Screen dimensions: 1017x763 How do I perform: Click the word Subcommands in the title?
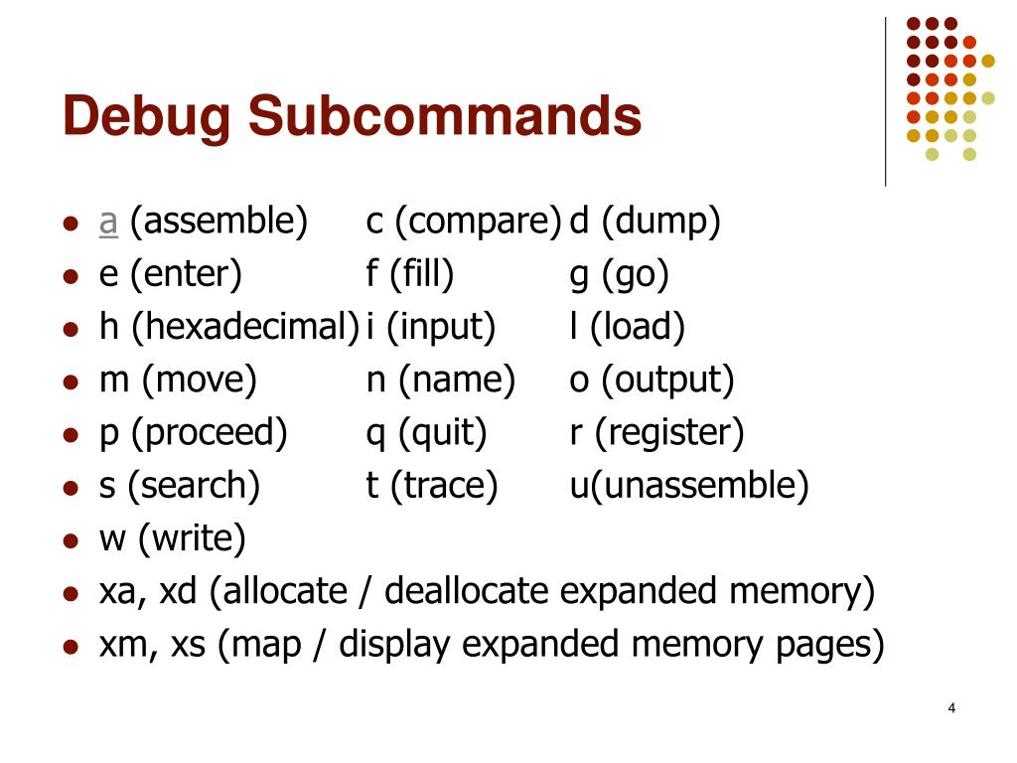click(445, 116)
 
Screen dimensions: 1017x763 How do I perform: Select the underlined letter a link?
click(108, 222)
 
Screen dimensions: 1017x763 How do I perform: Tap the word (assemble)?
click(218, 222)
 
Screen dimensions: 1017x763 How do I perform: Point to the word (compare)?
click(478, 222)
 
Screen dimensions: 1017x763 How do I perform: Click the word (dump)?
click(659, 222)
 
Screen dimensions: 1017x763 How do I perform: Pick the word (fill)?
click(421, 274)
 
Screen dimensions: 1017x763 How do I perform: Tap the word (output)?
click(667, 380)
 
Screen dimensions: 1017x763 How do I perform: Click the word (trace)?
click(444, 485)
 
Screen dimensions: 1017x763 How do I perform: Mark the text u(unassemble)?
click(689, 485)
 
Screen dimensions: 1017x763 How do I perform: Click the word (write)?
click(192, 538)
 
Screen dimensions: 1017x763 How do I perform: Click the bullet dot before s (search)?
click(70, 488)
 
